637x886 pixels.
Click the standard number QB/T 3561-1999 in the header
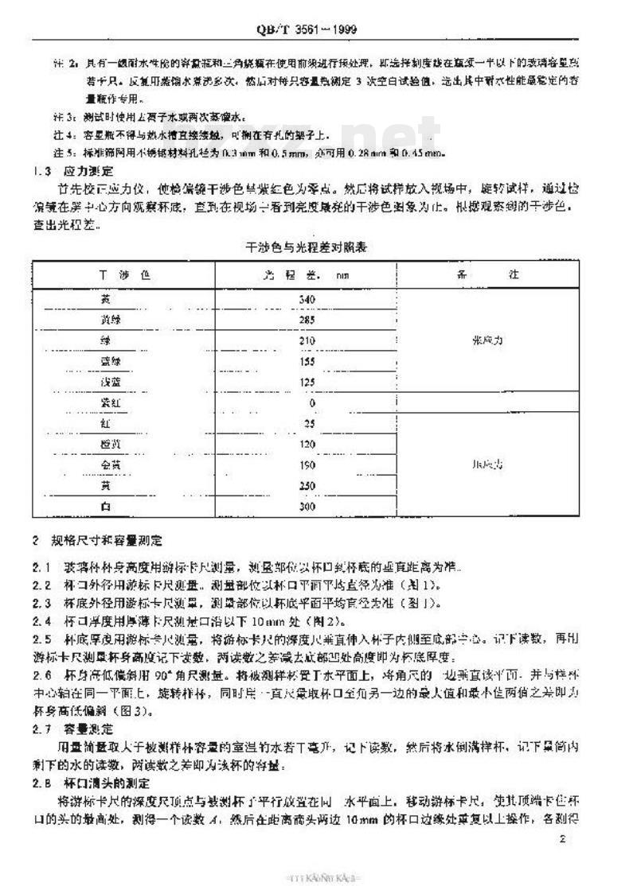pyautogui.click(x=317, y=29)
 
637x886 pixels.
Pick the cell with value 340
pyautogui.click(x=307, y=300)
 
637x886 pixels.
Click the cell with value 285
pyautogui.click(x=307, y=320)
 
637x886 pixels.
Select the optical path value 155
pyautogui.click(x=307, y=361)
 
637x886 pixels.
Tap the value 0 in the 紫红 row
pyautogui.click(x=312, y=402)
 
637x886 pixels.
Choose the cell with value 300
pyautogui.click(x=307, y=506)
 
